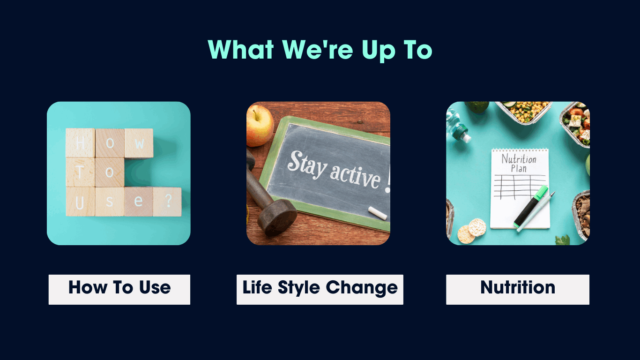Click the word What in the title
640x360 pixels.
tap(240, 50)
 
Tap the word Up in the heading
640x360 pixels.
tap(379, 51)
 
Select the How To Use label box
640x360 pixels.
tap(119, 289)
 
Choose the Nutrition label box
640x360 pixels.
tap(518, 289)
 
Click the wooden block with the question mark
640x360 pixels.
tap(167, 202)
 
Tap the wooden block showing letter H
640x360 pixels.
tap(80, 142)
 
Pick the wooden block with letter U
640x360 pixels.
tap(80, 202)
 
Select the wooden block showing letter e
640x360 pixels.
tap(139, 202)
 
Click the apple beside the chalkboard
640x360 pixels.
tap(260, 126)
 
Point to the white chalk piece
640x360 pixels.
tap(378, 213)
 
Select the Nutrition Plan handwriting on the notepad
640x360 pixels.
tap(519, 163)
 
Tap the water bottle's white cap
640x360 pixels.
tap(467, 138)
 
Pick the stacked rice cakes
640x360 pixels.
tap(472, 231)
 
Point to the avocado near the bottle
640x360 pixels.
tap(477, 107)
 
